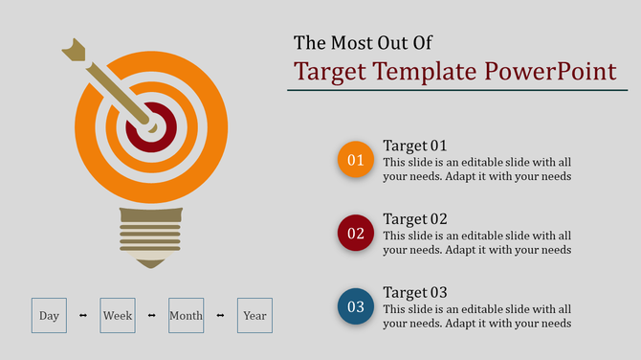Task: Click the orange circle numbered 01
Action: (356, 159)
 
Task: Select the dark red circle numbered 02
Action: (356, 233)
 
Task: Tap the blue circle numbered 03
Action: (356, 306)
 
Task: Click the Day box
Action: (49, 315)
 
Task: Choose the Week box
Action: (118, 315)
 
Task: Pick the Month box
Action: (186, 315)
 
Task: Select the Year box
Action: (254, 315)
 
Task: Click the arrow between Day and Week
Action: (83, 315)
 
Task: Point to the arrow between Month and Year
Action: (220, 315)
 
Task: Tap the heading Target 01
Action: (415, 146)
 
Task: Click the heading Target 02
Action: (415, 218)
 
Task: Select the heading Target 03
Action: (415, 292)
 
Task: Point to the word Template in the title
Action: (425, 72)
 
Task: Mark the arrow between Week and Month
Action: (152, 315)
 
